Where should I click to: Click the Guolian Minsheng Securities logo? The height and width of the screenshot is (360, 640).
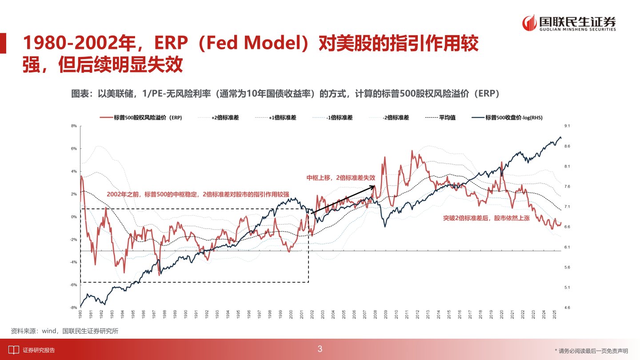point(569,23)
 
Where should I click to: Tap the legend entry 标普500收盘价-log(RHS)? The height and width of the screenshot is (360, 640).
point(514,118)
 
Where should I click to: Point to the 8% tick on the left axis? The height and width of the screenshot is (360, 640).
point(74,126)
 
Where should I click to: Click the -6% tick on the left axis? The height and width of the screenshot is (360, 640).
point(74,285)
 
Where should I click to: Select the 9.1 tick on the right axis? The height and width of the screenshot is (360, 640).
point(567,126)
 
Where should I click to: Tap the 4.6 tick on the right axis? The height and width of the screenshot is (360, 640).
point(567,308)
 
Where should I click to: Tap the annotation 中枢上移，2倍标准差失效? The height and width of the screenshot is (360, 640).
point(341,178)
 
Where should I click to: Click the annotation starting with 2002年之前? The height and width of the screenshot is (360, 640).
point(198,194)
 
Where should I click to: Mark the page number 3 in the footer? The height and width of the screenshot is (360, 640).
point(320,349)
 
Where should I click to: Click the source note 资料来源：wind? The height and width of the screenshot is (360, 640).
point(64,331)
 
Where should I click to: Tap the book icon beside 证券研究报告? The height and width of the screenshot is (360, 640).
point(14,350)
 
